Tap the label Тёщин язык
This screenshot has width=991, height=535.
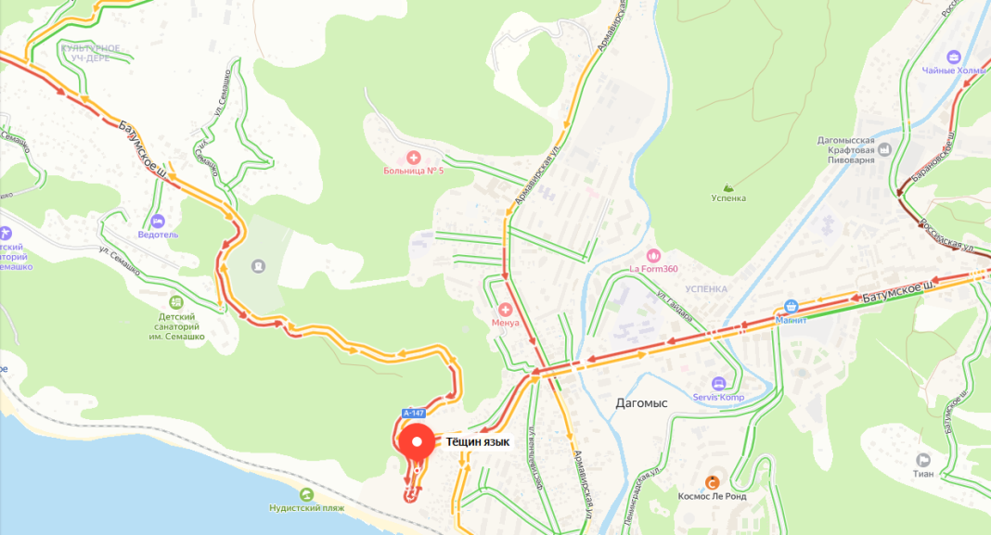tap(478, 442)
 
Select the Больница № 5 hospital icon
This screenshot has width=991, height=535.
tap(414, 158)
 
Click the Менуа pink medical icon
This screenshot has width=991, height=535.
tap(506, 309)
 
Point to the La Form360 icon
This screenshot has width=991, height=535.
tap(652, 255)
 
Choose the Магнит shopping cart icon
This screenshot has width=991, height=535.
tap(792, 306)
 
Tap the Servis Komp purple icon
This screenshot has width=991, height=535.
tap(718, 384)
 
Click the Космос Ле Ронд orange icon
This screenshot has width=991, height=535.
tap(713, 482)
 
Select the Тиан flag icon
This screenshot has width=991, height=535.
tap(923, 460)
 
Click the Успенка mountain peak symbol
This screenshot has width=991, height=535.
tap(728, 186)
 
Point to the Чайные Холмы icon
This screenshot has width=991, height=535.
tap(954, 57)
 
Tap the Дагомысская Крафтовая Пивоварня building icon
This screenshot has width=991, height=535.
tap(883, 148)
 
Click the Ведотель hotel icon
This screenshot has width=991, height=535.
tap(158, 222)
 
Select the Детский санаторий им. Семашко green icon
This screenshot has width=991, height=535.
tap(176, 302)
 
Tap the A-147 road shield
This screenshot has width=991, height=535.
tap(414, 413)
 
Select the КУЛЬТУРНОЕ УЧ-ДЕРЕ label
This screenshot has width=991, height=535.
tap(90, 53)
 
